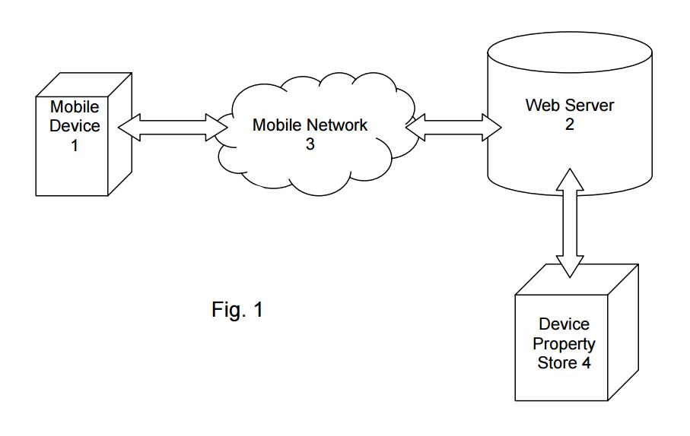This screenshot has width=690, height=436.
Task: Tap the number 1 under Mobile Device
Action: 75,144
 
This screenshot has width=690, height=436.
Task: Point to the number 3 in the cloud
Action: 310,144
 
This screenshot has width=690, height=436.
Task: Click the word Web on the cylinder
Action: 540,106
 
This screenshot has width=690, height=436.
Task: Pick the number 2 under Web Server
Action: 569,125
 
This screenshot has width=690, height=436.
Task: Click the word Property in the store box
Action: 564,344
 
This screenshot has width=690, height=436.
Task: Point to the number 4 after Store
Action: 586,363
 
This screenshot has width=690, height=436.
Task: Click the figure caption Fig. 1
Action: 237,310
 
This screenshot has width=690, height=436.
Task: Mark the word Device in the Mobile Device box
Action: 75,126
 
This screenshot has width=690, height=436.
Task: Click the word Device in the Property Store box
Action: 564,325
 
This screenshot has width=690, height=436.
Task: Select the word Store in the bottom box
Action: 557,363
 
